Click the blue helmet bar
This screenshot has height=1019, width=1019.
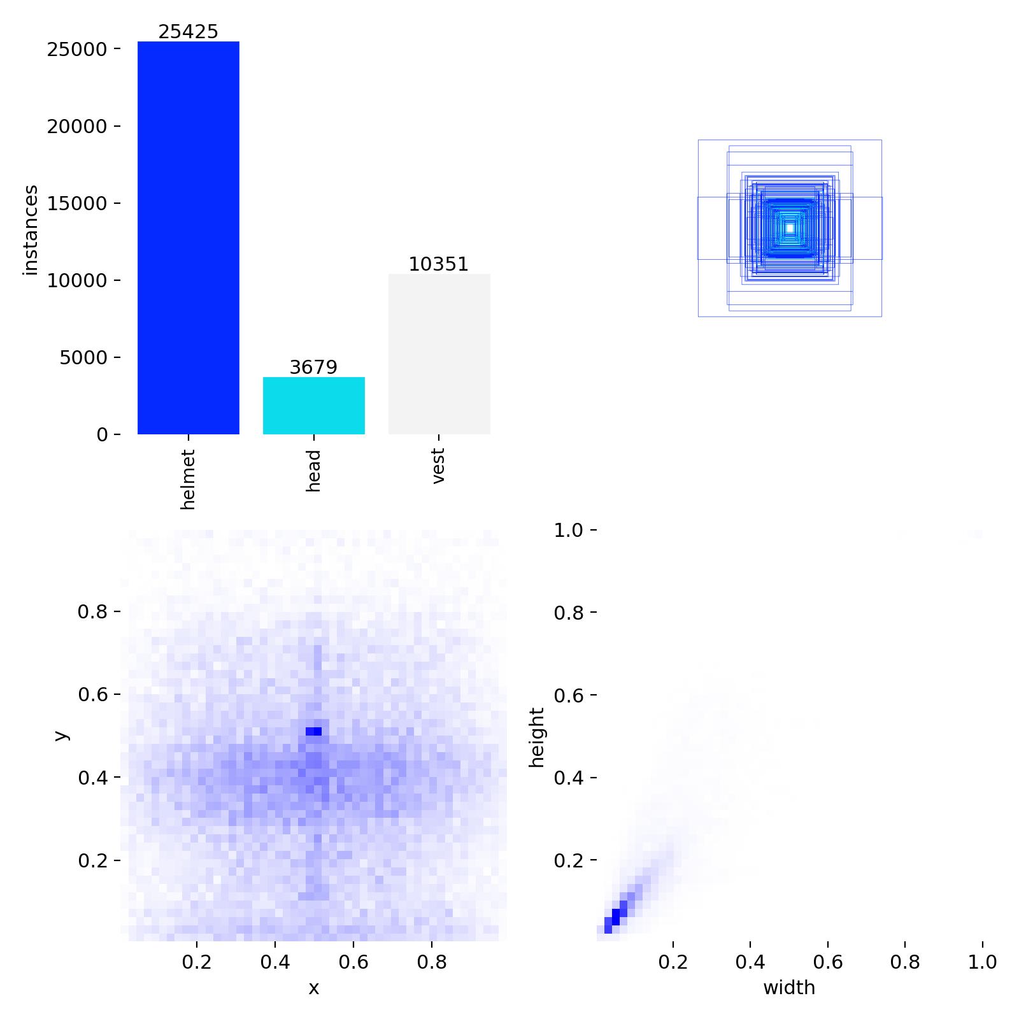point(188,238)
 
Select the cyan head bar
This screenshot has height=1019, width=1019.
point(313,406)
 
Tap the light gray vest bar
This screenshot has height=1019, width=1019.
point(439,354)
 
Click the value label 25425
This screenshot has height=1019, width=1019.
point(188,32)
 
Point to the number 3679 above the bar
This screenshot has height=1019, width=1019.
point(313,367)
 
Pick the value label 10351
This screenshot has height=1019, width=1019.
point(439,264)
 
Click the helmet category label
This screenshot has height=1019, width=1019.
point(188,479)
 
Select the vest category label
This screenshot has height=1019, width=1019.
point(438,466)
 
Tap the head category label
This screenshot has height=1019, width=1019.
point(313,471)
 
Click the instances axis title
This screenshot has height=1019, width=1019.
point(31,230)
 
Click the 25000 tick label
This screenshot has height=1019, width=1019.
point(76,49)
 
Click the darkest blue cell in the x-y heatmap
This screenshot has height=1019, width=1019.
point(313,731)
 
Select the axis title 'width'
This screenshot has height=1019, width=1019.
point(789,988)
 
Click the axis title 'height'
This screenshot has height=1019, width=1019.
point(538,737)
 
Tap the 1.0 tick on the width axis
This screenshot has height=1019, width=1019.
point(982,962)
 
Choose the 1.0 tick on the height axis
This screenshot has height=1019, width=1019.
point(568,530)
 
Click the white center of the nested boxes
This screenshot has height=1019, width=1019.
point(790,228)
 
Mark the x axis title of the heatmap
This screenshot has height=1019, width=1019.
point(313,988)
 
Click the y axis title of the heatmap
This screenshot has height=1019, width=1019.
point(61,736)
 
